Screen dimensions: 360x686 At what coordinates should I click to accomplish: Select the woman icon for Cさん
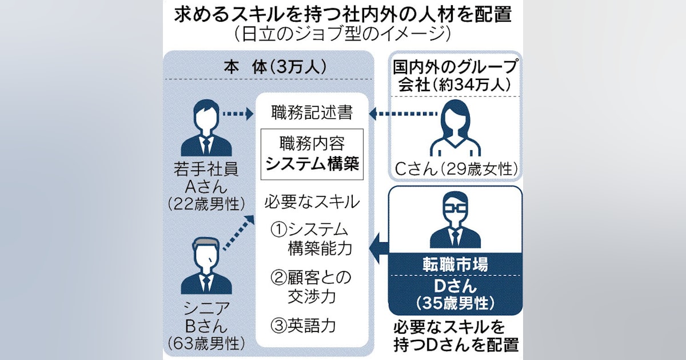point(456,127)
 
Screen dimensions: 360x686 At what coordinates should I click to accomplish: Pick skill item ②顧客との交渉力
point(311,287)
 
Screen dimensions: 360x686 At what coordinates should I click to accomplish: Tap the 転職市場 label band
point(456,265)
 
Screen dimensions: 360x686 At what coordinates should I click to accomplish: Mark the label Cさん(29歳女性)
point(456,169)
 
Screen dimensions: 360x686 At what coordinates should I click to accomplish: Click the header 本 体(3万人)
point(266,67)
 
